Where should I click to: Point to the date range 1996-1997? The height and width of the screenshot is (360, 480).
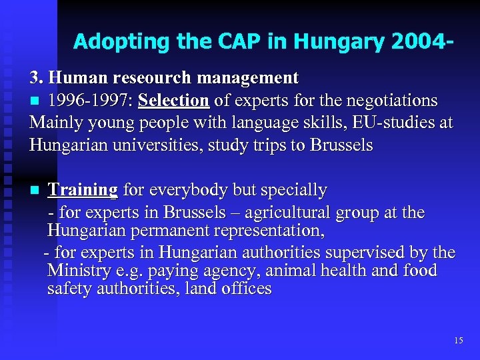pyautogui.click(x=89, y=101)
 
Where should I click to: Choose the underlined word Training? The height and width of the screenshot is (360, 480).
pyautogui.click(x=83, y=190)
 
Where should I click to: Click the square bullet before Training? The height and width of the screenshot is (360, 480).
pyautogui.click(x=35, y=191)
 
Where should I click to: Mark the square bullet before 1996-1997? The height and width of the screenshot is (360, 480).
pyautogui.click(x=35, y=101)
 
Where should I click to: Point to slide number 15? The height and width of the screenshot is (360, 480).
pyautogui.click(x=458, y=341)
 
